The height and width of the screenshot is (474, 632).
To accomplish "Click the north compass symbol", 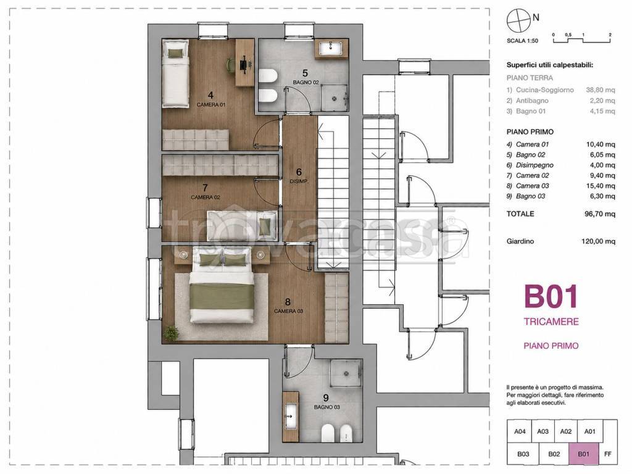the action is [518, 20].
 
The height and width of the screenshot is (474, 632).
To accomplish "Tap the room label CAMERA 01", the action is [211, 105].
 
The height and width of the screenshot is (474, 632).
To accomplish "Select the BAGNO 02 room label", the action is [306, 82].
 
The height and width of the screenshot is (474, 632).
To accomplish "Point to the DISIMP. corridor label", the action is [299, 182].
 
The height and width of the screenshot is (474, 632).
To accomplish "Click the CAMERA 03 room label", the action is [288, 311].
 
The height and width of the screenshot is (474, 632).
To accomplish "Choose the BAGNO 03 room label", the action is [326, 407].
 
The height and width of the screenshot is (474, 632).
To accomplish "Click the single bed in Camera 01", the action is [176, 73].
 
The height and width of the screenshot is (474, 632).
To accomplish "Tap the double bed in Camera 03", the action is [222, 286].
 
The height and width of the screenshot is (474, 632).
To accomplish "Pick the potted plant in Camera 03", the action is [172, 333].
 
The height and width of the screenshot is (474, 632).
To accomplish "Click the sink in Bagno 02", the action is [331, 49].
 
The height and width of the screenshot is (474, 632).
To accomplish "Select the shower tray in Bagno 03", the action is [346, 373].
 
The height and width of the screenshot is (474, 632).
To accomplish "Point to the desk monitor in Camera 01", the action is [243, 64].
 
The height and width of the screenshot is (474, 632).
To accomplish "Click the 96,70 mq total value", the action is [600, 214].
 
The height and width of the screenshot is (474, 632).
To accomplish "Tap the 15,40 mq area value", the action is [601, 186].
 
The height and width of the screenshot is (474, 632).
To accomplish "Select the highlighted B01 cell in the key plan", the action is [583, 454].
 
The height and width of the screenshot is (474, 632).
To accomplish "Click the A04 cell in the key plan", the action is [520, 431].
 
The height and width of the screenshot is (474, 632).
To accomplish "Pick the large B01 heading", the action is [551, 297].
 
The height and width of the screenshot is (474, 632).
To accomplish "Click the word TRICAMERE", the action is [551, 322].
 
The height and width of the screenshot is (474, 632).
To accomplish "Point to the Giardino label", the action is [520, 241].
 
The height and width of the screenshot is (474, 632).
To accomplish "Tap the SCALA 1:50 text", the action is [522, 41].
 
